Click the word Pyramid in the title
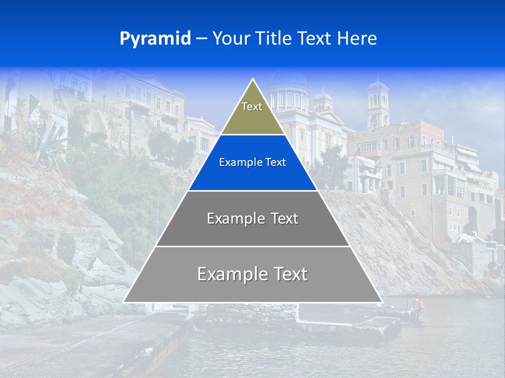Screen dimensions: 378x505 click(x=155, y=39)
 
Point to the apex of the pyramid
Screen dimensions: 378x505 click(x=253, y=79)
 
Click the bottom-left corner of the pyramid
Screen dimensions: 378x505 click(x=124, y=302)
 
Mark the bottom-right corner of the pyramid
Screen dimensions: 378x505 click(x=382, y=302)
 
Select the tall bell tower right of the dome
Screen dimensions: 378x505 click(x=378, y=105)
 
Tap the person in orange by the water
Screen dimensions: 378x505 click(x=418, y=304)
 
